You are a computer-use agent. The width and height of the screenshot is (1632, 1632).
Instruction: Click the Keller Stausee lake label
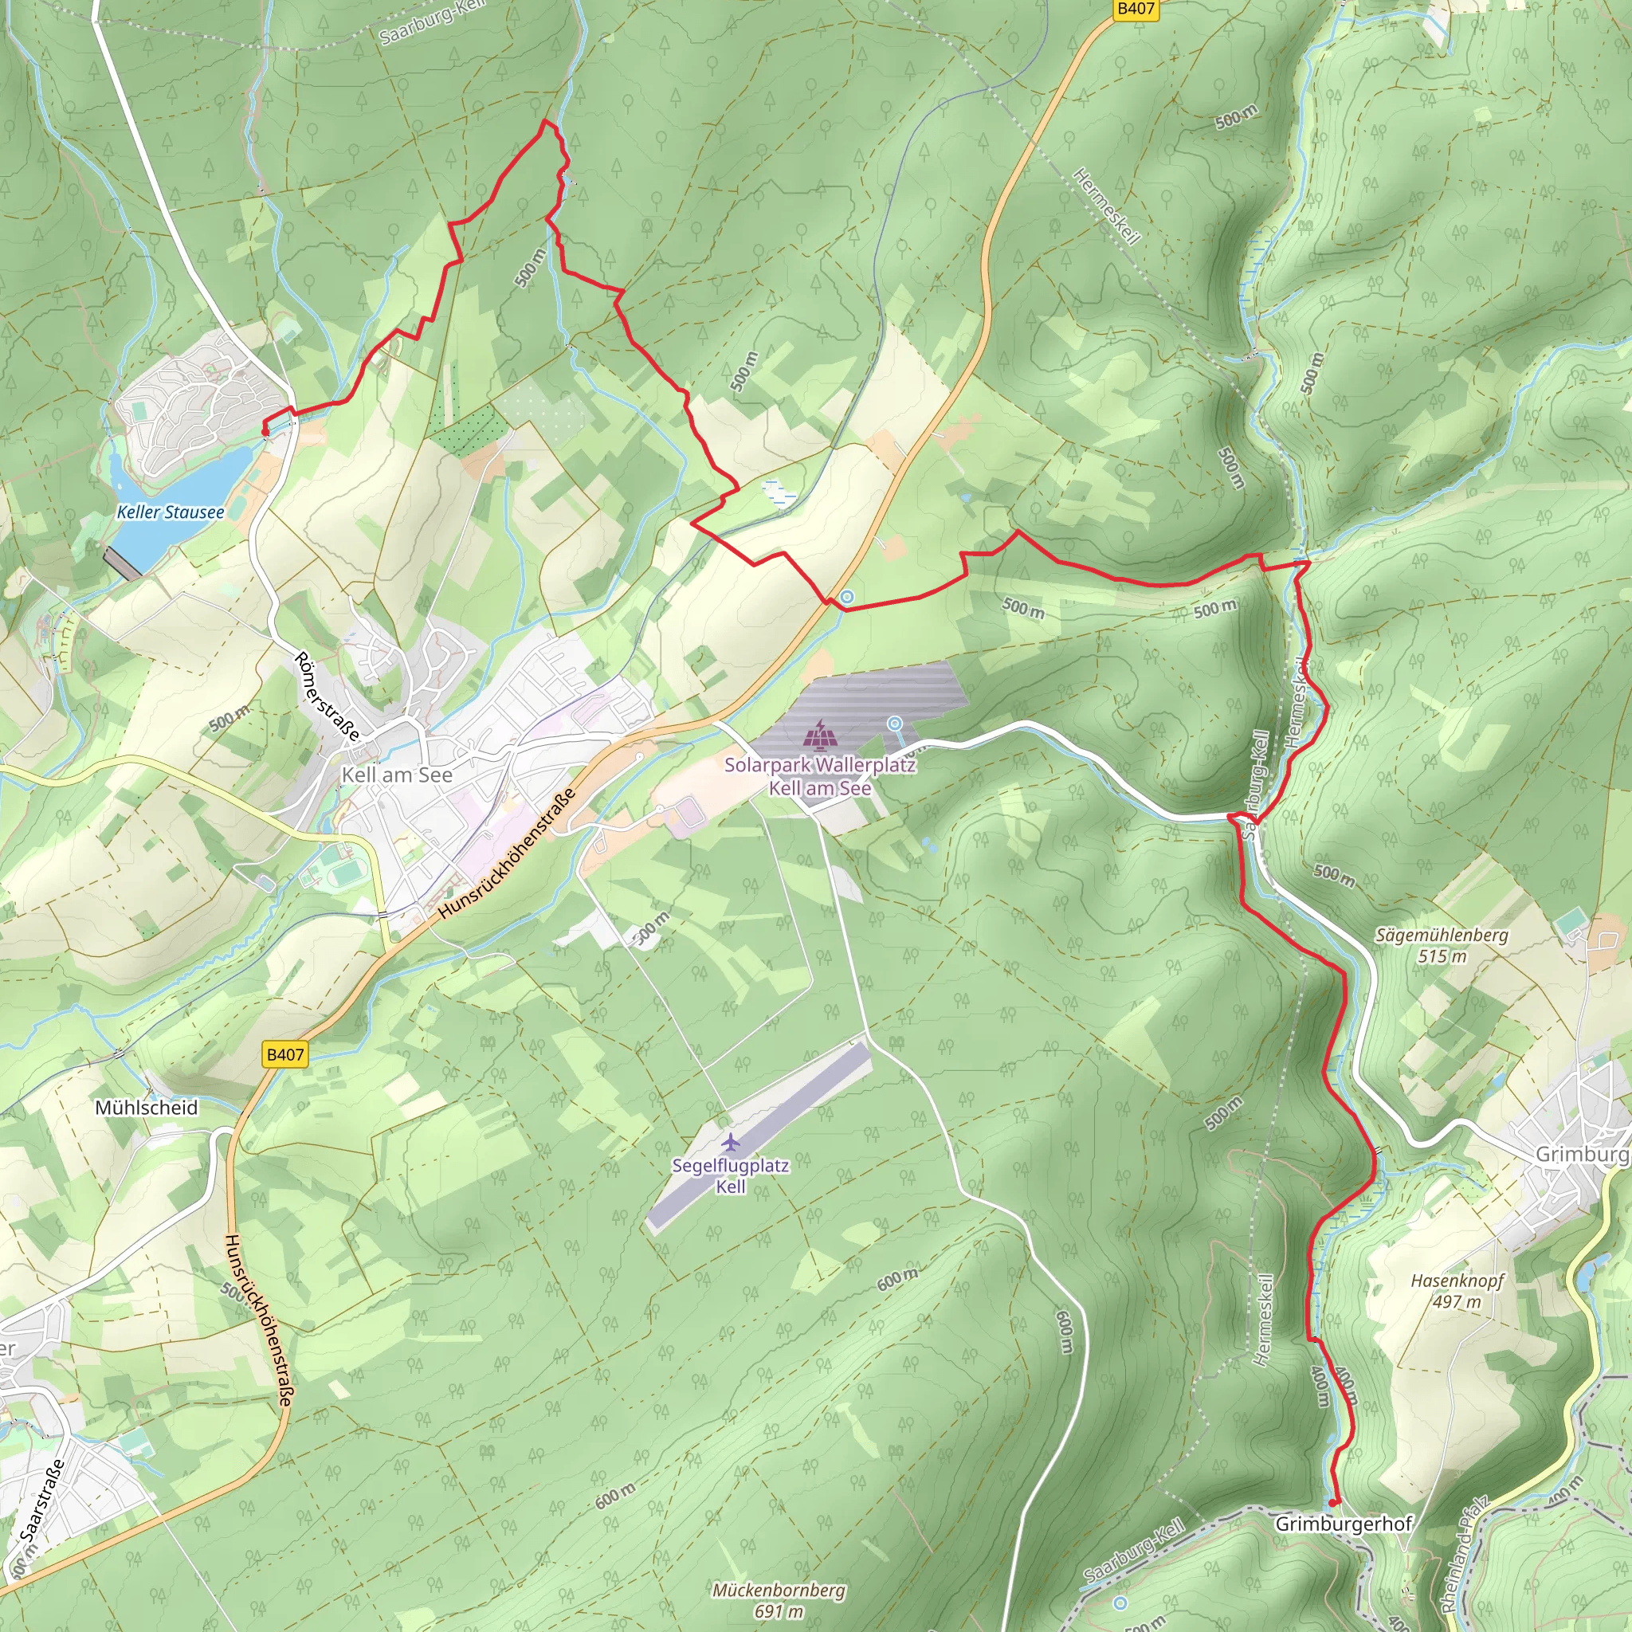[171, 512]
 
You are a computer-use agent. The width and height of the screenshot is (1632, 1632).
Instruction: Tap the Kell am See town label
[396, 775]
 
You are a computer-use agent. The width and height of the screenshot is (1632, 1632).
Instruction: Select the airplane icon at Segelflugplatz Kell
[731, 1143]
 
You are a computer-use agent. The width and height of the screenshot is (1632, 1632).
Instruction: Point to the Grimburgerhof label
[1343, 1524]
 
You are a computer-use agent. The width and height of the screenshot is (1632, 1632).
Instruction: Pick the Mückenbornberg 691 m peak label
[778, 1600]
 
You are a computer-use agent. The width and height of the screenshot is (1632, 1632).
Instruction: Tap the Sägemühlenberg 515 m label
[1441, 945]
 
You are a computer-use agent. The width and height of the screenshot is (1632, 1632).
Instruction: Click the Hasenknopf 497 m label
[1457, 1291]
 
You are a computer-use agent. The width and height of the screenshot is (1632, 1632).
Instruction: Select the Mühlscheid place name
[146, 1108]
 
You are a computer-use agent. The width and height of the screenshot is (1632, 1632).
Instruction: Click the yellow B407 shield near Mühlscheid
[284, 1054]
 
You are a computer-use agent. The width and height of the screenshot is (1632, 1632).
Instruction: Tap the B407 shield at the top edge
[1136, 10]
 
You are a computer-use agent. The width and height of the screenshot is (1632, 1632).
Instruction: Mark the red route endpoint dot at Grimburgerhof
[1332, 1503]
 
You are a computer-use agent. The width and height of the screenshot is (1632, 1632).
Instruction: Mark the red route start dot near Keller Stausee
[265, 432]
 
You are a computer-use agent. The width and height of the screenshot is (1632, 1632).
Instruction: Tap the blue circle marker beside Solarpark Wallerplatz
[894, 724]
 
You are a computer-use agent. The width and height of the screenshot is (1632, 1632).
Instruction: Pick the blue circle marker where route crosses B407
[846, 597]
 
